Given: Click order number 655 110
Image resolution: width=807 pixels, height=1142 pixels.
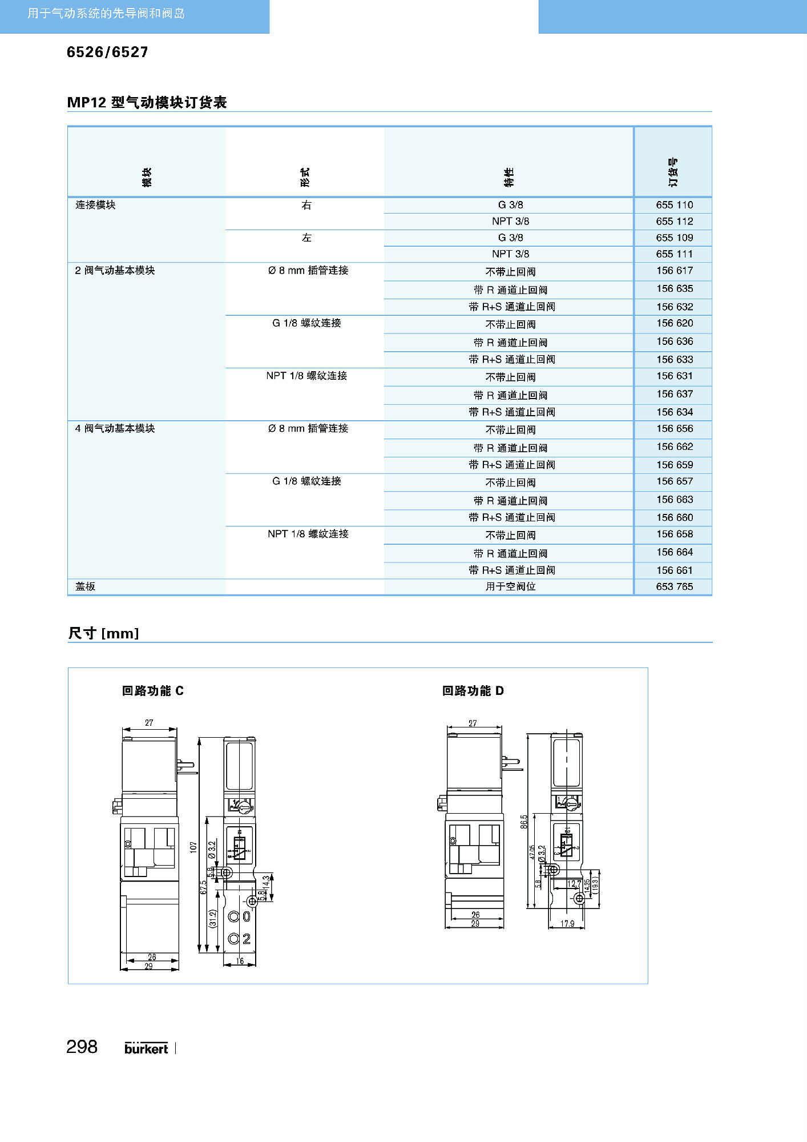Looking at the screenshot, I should click(674, 205).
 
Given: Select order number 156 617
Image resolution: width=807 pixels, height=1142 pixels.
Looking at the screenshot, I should click(674, 271).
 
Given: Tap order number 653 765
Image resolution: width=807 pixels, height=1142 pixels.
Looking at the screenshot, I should click(674, 586).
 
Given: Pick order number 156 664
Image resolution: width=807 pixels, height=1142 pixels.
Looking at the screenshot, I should click(674, 552).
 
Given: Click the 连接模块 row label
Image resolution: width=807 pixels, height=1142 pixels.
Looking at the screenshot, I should click(95, 205).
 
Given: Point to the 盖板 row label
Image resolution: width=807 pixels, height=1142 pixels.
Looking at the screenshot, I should click(86, 586).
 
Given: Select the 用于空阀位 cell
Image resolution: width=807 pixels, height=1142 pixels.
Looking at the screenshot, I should click(510, 586).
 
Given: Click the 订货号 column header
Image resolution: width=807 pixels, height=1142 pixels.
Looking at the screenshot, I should click(673, 172).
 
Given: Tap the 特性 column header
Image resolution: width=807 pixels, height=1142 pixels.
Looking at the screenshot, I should click(509, 177).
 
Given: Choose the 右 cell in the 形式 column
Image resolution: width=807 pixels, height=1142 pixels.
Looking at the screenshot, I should click(306, 205).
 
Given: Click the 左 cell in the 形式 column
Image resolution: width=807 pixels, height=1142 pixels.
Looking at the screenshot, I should click(306, 238).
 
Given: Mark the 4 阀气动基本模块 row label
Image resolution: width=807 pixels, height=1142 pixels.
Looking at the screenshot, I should click(115, 428).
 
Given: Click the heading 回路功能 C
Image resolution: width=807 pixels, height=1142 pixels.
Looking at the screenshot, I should click(153, 691).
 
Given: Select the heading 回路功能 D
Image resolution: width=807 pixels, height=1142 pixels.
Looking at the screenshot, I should click(473, 691).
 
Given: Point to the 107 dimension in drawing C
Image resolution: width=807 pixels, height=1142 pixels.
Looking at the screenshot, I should click(193, 847).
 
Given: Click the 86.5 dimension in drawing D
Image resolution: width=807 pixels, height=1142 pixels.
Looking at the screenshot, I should click(524, 822).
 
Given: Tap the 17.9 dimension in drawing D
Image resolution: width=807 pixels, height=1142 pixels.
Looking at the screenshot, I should click(567, 923).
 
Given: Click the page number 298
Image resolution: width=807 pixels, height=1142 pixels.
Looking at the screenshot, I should click(82, 1047).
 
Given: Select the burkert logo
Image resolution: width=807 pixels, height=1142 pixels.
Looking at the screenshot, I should click(146, 1048).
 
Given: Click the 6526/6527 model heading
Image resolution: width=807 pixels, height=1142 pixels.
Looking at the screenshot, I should click(107, 53).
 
